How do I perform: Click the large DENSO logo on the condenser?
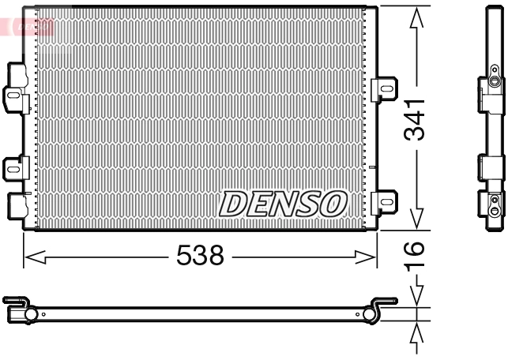tap(283, 204)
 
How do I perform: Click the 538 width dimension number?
tap(201, 255)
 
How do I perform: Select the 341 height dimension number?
tap(416, 120)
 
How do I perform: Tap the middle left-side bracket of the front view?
tap(15, 167)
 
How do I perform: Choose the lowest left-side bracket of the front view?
tap(16, 205)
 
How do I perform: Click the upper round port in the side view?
tap(494, 82)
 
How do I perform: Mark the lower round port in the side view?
tap(494, 211)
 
